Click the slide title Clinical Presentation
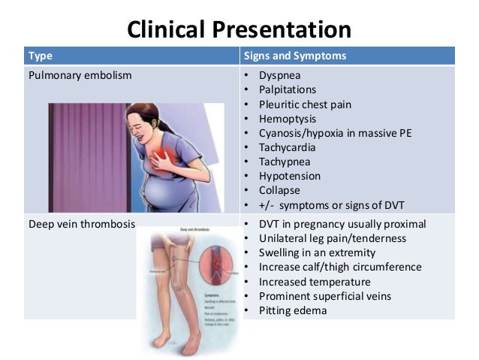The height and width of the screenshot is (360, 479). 239,29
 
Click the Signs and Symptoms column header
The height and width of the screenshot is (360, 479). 294,56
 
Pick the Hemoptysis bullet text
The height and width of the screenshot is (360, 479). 288,119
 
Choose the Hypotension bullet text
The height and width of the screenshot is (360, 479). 289,176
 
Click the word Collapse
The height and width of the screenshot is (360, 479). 279,190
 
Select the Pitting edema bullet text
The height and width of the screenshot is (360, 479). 293,310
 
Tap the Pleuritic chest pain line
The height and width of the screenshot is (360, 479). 305,104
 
